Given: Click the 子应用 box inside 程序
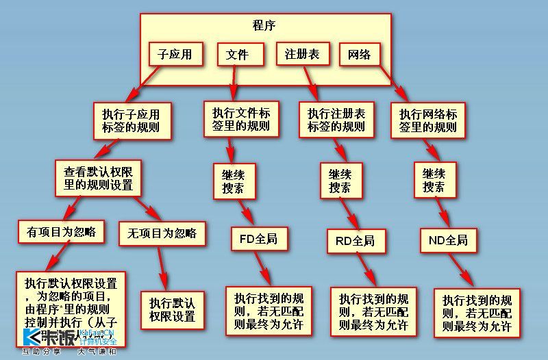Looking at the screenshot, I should point(175,53).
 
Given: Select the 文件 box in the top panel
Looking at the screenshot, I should point(237,54).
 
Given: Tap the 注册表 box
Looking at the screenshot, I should point(303,53).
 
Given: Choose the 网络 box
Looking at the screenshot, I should point(360,54).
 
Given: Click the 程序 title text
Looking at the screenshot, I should point(264,27).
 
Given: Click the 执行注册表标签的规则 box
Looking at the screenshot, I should point(336,119).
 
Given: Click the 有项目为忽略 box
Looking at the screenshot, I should point(62,232).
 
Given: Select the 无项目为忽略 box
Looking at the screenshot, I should point(162,233).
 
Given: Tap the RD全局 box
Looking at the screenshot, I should point(355,240).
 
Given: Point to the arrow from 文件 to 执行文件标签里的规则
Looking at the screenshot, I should point(234,82).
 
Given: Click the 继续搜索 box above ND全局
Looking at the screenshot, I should point(434,180).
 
